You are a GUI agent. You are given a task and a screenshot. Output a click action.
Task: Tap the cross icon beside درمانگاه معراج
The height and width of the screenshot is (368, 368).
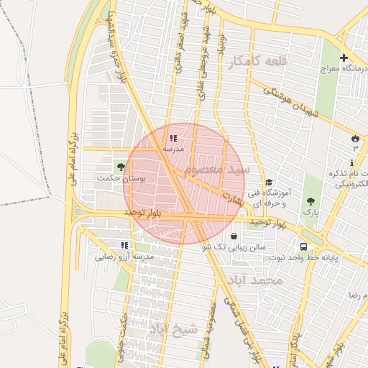pyautogui.click(x=344, y=57)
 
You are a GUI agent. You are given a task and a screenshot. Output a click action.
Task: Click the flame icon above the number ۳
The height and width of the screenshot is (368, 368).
pyautogui.click(x=354, y=137)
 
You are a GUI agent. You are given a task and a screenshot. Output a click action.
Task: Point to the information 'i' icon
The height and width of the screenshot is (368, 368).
pyautogui.click(x=351, y=163)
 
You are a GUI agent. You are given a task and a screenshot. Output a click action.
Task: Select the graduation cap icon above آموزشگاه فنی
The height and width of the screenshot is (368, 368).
pyautogui.click(x=269, y=183)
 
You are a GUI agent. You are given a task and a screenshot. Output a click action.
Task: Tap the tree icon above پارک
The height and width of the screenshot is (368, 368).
pyautogui.click(x=310, y=202)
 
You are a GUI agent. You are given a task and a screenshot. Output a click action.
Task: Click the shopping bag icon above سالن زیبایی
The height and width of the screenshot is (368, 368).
pyautogui.click(x=234, y=236)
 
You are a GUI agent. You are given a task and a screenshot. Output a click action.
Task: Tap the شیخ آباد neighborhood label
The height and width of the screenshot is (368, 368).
pyautogui.click(x=172, y=328)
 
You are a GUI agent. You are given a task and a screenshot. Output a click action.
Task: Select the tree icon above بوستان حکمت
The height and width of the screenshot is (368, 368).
pyautogui.click(x=120, y=166)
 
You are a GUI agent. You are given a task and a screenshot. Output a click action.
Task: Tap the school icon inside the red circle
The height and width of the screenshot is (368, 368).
pyautogui.click(x=172, y=137)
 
